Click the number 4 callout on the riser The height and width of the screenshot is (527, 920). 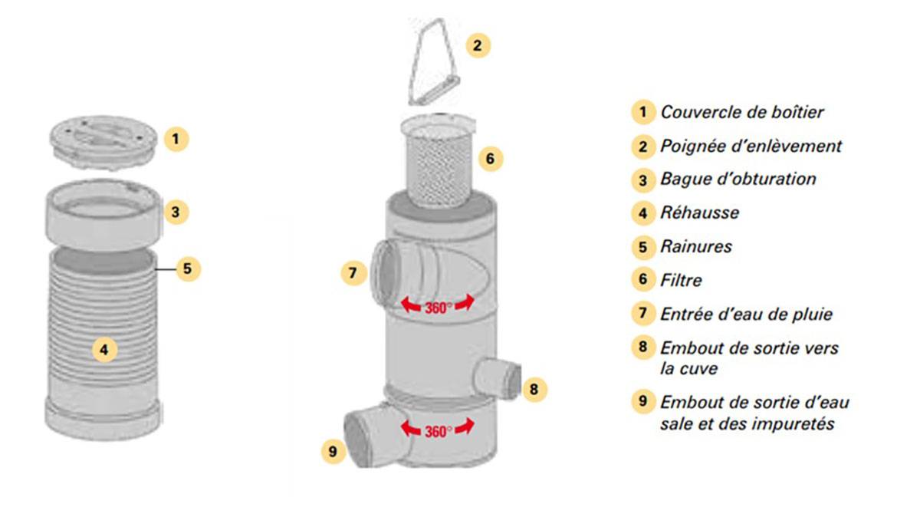coord(104,351)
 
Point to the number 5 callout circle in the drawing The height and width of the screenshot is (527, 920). coord(188,268)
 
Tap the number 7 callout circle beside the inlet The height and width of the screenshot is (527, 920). coord(352,272)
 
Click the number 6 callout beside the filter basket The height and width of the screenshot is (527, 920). coord(491,160)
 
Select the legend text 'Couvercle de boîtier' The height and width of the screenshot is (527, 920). coord(741,112)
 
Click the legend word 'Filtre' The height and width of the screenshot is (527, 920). coord(681,280)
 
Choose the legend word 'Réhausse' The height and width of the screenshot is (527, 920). coord(699,212)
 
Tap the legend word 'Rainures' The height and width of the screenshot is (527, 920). coord(695,246)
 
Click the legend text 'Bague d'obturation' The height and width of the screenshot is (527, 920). coord(738,179)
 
